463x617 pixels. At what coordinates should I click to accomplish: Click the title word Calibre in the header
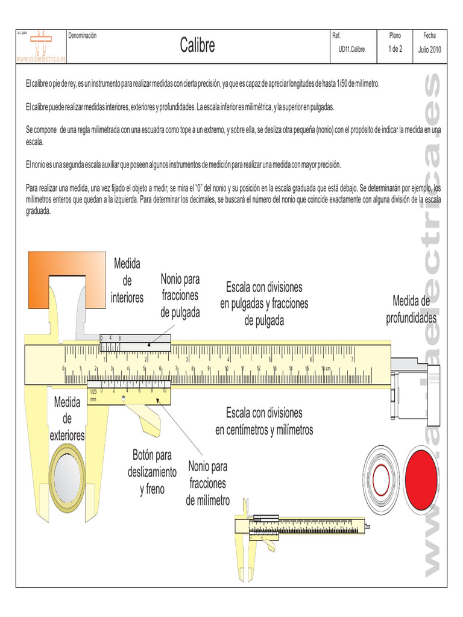click(x=197, y=46)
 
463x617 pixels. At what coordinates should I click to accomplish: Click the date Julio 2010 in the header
click(x=429, y=49)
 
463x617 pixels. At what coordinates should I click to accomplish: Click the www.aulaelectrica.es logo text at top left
click(x=40, y=59)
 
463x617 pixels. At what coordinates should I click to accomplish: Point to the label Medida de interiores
click(x=127, y=281)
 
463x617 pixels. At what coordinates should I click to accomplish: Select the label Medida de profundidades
click(x=411, y=309)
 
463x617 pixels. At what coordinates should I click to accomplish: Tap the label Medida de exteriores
click(x=67, y=418)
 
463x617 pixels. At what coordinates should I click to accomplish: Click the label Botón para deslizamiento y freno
click(x=152, y=472)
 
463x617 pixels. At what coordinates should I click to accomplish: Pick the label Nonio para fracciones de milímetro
click(x=207, y=483)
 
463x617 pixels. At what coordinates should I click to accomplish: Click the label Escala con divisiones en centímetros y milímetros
click(x=264, y=421)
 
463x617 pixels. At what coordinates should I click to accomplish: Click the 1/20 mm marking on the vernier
click(x=93, y=395)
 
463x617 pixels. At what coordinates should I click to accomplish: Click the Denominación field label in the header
click(x=83, y=36)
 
